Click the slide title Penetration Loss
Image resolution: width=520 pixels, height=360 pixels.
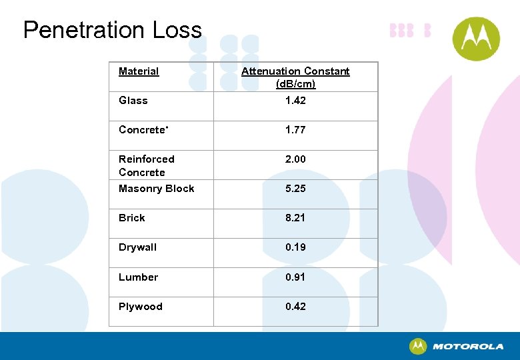tap(112, 30)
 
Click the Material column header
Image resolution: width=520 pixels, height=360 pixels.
tap(139, 71)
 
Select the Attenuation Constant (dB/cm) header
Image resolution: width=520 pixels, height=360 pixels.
tap(295, 77)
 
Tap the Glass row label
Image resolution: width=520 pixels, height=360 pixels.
tap(133, 101)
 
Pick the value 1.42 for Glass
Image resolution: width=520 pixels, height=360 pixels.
tap(295, 101)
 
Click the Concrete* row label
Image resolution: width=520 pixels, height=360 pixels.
tap(143, 130)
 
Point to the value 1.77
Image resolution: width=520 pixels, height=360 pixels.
tap(295, 130)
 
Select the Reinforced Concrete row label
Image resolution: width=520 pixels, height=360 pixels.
tap(146, 165)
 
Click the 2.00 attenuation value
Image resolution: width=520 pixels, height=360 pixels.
tap(295, 159)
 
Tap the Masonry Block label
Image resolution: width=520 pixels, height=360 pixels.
tap(156, 189)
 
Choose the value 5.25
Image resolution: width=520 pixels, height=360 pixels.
tap(295, 189)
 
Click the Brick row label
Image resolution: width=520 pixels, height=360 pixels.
tap(131, 218)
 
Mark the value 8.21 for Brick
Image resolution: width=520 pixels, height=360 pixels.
tap(295, 218)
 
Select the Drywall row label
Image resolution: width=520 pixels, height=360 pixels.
tap(137, 247)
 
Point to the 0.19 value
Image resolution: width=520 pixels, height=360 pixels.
tap(295, 247)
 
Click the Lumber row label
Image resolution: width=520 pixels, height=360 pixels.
tap(138, 277)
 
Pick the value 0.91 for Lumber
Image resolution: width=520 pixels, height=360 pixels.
tap(295, 277)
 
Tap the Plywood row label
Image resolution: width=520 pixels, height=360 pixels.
tap(140, 307)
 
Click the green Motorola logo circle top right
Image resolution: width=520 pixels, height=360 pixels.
tap(476, 39)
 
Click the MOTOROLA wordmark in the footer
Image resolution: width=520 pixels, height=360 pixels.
tap(468, 347)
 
